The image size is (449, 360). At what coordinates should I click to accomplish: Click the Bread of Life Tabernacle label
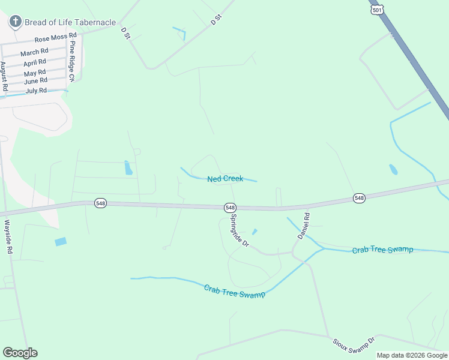click(x=70, y=22)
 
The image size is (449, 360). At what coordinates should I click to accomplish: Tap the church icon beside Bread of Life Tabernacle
click(x=15, y=22)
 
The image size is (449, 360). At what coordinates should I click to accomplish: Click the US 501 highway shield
click(x=377, y=10)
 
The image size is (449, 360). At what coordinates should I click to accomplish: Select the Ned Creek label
click(x=225, y=179)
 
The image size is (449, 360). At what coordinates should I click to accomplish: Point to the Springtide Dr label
click(x=240, y=230)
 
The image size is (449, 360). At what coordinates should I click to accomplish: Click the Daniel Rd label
click(x=304, y=226)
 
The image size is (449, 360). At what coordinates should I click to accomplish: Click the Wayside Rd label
click(x=8, y=237)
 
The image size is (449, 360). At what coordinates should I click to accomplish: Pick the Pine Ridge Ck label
click(x=72, y=61)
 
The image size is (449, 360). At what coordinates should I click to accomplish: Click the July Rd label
click(x=36, y=91)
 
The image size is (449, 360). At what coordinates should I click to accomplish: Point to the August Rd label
click(x=4, y=76)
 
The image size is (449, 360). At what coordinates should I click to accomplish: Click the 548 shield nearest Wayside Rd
click(x=100, y=203)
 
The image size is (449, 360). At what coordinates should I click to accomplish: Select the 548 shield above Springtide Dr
click(x=230, y=207)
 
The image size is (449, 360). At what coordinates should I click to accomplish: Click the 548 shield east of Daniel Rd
click(x=359, y=198)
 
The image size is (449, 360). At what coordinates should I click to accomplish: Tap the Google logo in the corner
click(x=20, y=353)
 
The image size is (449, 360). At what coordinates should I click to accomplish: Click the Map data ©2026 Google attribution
click(x=412, y=355)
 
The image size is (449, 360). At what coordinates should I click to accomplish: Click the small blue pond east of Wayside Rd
click(x=61, y=242)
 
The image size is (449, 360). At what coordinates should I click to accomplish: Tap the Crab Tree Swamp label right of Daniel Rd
click(x=382, y=250)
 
